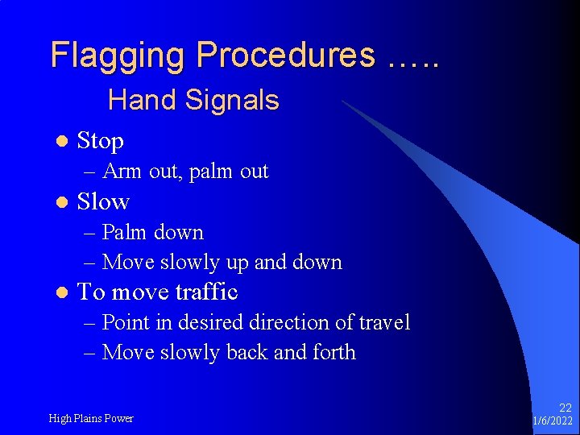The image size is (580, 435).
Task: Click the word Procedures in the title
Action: [285, 56]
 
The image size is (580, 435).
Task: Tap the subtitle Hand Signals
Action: [193, 101]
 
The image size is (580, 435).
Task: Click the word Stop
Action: [100, 141]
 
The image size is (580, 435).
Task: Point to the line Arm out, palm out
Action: [185, 172]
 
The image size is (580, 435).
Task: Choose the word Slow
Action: [103, 201]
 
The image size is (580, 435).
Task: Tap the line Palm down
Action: [153, 233]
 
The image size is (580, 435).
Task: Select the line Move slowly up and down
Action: [222, 263]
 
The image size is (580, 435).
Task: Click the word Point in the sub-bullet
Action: [126, 323]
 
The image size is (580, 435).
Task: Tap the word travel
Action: [383, 323]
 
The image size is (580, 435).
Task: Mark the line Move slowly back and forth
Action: [229, 353]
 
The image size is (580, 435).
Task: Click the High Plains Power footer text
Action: [91, 418]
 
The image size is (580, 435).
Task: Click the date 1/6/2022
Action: [553, 421]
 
